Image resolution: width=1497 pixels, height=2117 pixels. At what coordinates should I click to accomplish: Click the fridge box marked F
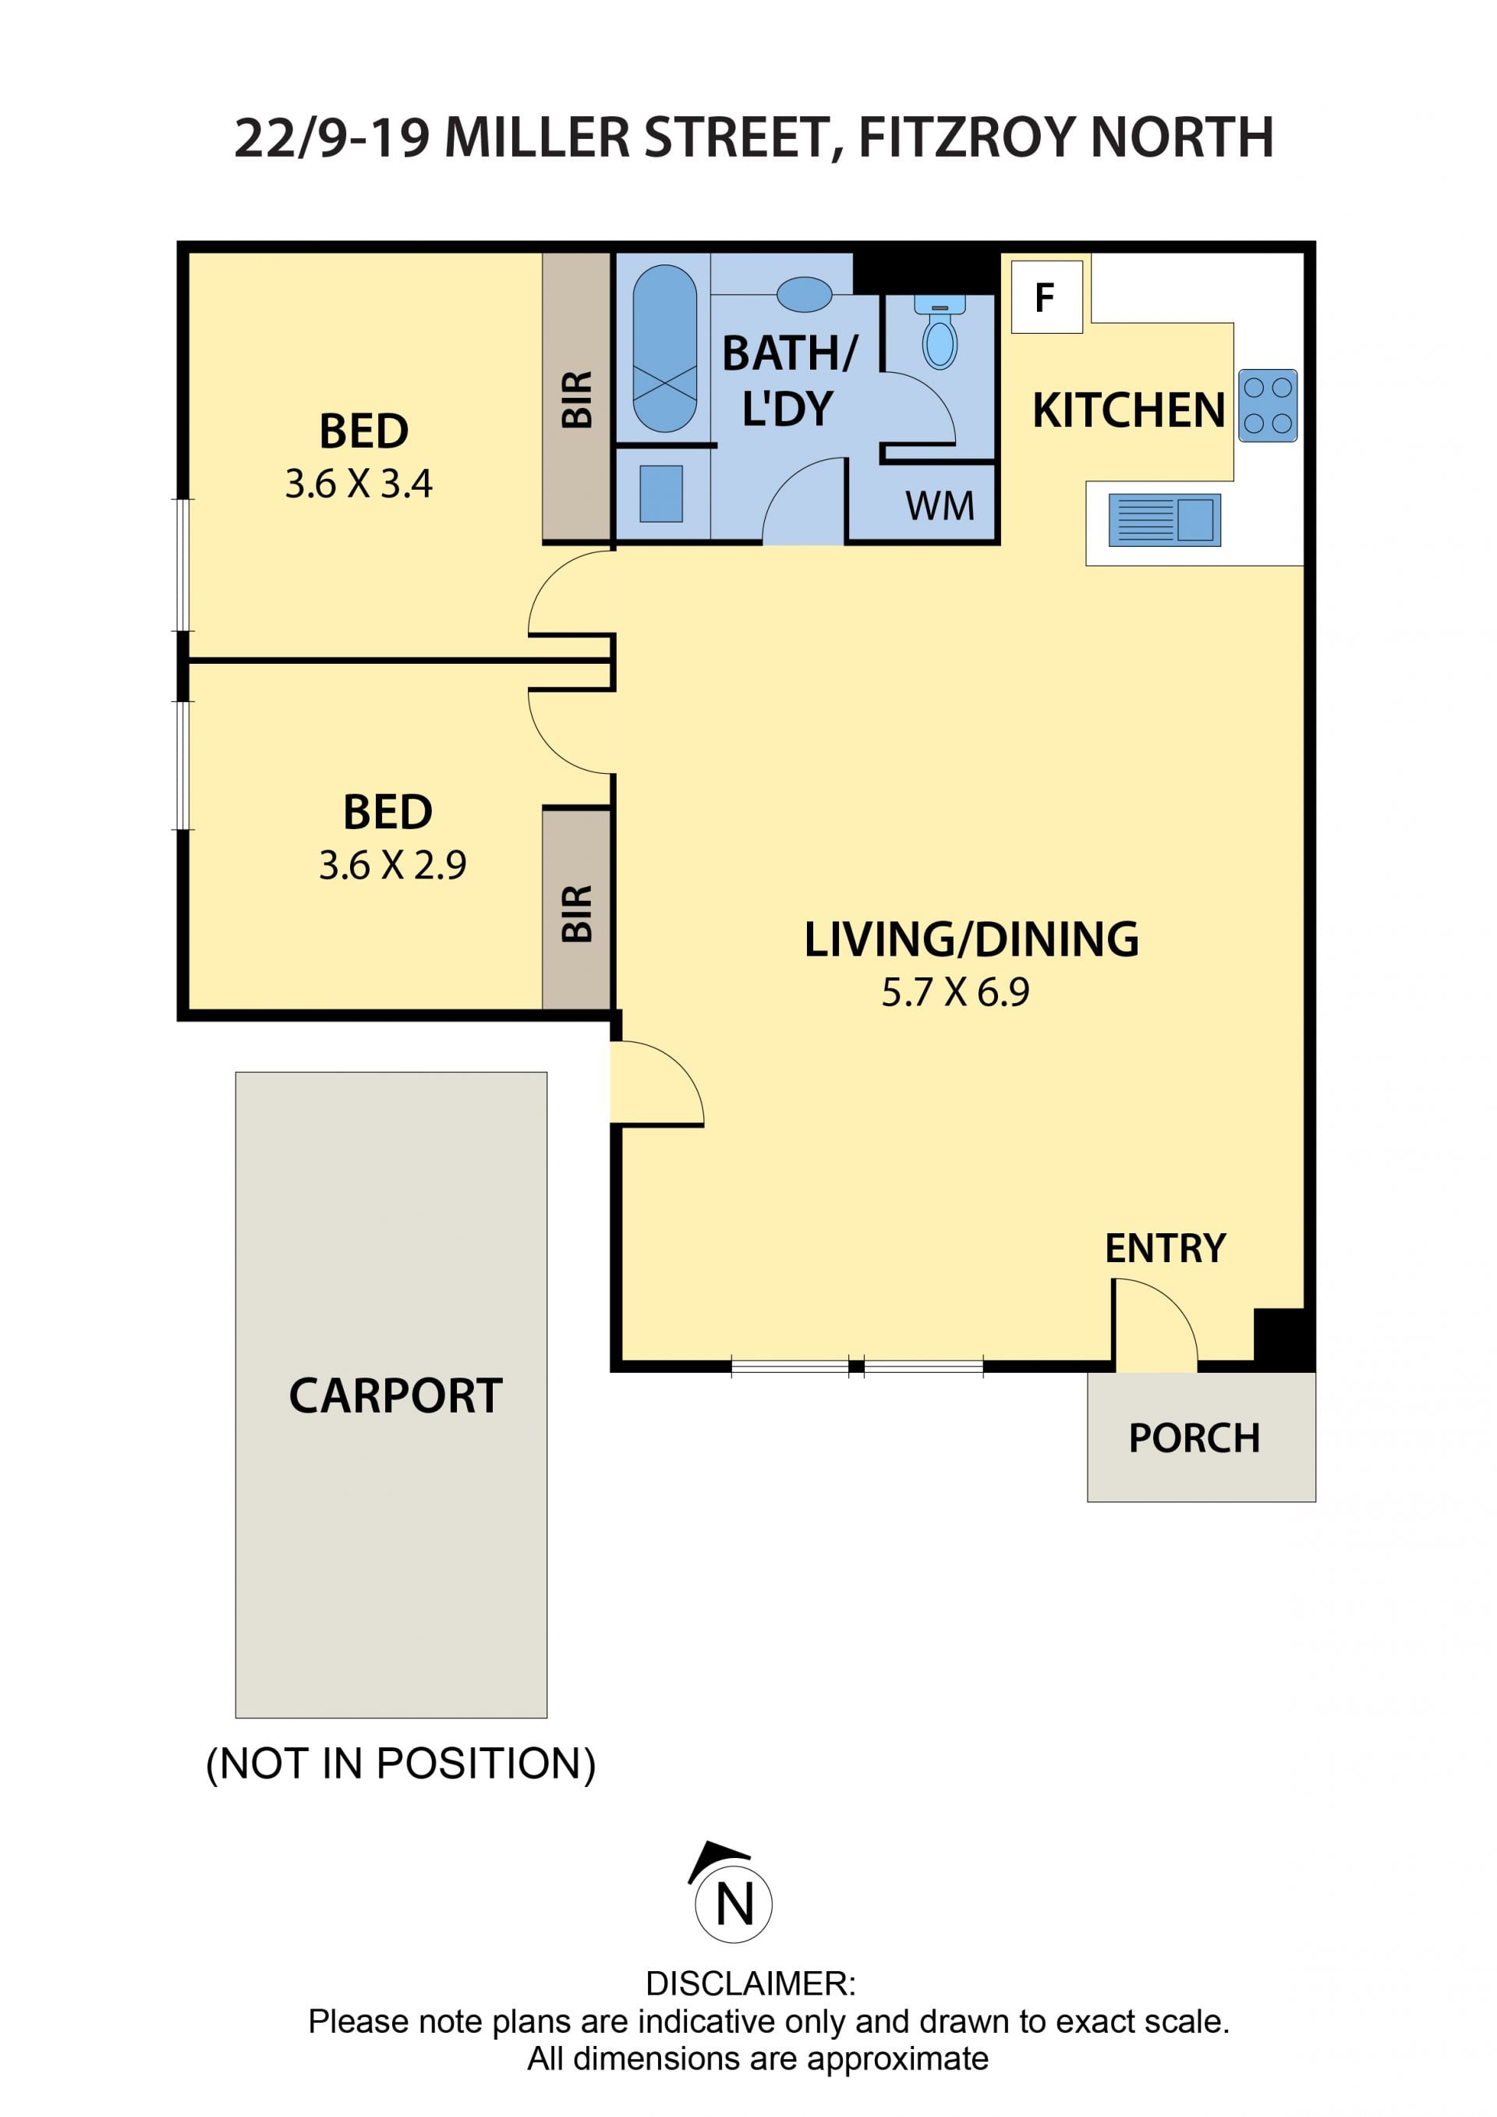pos(1046,297)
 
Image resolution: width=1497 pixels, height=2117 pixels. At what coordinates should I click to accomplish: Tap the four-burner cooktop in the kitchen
pos(1268,406)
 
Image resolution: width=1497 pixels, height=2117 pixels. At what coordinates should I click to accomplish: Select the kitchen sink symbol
pos(1164,520)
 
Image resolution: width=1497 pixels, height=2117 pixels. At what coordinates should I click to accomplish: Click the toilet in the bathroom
pos(940,331)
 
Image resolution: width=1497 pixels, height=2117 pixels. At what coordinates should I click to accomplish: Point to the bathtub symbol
pos(664,349)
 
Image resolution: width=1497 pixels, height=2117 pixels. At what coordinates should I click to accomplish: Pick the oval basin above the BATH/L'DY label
pos(804,294)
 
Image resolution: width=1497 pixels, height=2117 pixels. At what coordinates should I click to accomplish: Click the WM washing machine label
pos(940,506)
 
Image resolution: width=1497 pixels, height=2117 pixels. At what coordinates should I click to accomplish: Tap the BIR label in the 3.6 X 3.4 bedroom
pos(577,399)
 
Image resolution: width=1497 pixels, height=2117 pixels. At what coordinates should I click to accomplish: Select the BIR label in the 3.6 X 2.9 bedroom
pos(577,913)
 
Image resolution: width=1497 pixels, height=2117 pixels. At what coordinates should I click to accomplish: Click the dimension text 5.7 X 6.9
pos(955,992)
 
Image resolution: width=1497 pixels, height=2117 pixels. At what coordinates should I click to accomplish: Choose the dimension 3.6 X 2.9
pos(393,865)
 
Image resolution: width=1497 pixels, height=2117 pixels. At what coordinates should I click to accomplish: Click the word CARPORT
pos(395,1396)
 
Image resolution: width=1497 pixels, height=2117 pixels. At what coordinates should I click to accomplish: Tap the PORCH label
pos(1194,1438)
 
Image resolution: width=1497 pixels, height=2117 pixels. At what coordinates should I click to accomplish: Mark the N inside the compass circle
pos(734,1905)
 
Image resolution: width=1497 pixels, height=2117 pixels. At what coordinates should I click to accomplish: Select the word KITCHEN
pos(1128,410)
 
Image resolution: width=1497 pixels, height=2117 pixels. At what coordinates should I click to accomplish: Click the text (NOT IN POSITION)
pos(401,1764)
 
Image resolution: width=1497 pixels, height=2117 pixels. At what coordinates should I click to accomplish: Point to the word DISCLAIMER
pos(750,1984)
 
